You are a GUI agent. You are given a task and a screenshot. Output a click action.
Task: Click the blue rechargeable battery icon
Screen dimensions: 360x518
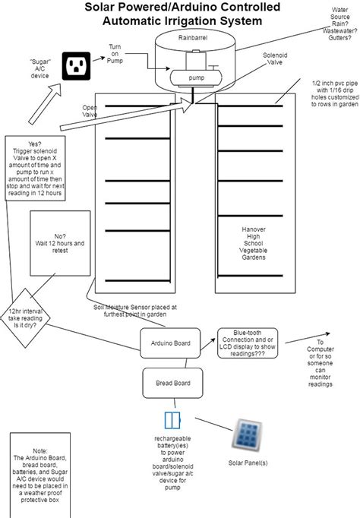[x=172, y=420]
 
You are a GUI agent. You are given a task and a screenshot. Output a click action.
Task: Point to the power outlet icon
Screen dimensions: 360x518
[x=76, y=66]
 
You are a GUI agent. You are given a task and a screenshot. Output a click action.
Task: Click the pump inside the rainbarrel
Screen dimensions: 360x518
[x=196, y=78]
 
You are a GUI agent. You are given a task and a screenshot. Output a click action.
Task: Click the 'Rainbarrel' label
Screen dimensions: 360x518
[x=193, y=38]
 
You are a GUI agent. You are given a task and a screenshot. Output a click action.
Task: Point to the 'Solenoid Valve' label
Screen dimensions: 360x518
[x=275, y=58]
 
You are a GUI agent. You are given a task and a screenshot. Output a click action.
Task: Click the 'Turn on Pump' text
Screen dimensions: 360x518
[x=115, y=54]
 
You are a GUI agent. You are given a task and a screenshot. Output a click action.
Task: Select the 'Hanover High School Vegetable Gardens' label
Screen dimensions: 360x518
[x=254, y=243]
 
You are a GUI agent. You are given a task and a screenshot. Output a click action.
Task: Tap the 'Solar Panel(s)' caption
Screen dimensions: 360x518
[x=248, y=463]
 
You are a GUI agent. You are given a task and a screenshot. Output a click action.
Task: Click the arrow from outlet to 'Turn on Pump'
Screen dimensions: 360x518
[x=99, y=58]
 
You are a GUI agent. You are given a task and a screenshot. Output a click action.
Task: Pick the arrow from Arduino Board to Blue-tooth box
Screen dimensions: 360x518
[x=208, y=343]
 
